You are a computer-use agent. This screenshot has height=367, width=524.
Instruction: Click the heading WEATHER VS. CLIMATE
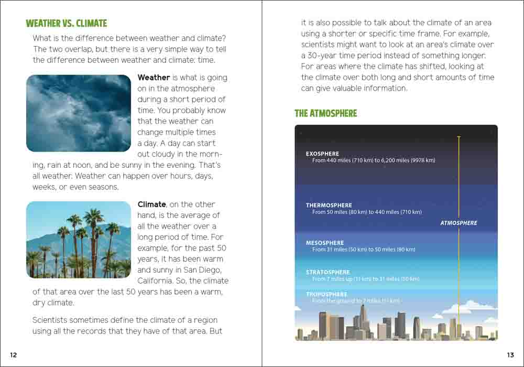66,24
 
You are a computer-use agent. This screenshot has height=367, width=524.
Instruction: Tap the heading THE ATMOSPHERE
325,113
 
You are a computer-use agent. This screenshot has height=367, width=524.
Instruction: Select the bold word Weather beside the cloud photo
154,78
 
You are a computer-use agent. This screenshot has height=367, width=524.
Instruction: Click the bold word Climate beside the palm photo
151,204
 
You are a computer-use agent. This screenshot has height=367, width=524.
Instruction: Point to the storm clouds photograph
79,113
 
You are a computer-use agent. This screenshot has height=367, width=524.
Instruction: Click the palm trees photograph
79,240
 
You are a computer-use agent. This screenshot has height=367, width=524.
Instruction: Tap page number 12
14,355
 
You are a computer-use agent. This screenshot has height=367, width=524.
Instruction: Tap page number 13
510,355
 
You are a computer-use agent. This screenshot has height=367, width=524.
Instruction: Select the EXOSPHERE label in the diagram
322,154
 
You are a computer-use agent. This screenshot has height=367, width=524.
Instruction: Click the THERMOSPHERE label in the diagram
329,206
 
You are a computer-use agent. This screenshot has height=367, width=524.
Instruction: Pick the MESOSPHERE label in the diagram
325,243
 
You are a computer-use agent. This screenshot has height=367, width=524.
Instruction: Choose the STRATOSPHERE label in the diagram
327,273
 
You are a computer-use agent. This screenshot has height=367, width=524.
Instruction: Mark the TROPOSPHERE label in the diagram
326,295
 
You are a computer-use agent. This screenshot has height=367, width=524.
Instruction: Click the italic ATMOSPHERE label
458,223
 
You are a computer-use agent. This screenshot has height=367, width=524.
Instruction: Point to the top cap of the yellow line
458,137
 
